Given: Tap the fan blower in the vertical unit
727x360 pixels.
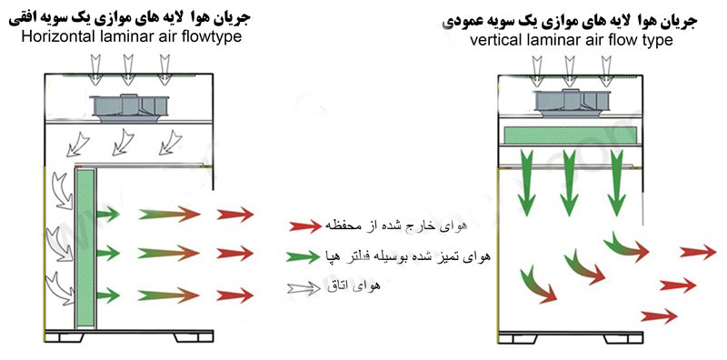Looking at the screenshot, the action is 571,103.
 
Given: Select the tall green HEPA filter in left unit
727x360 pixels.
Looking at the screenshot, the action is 86,248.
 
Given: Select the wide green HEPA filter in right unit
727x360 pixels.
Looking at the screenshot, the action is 570,135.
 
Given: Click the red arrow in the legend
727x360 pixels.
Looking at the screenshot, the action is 305,226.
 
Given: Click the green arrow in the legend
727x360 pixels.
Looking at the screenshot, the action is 303,256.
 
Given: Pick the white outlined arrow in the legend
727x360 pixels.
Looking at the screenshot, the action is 304,288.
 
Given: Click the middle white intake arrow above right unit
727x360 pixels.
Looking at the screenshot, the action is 570,71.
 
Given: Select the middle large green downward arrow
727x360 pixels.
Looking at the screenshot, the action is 570,184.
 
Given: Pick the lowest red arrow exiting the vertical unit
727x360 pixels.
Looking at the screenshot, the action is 659,316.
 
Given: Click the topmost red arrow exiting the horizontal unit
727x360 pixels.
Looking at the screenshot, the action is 235,215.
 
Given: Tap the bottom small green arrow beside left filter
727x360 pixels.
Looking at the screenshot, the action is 108,295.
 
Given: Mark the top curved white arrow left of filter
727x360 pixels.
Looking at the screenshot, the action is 64,190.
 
